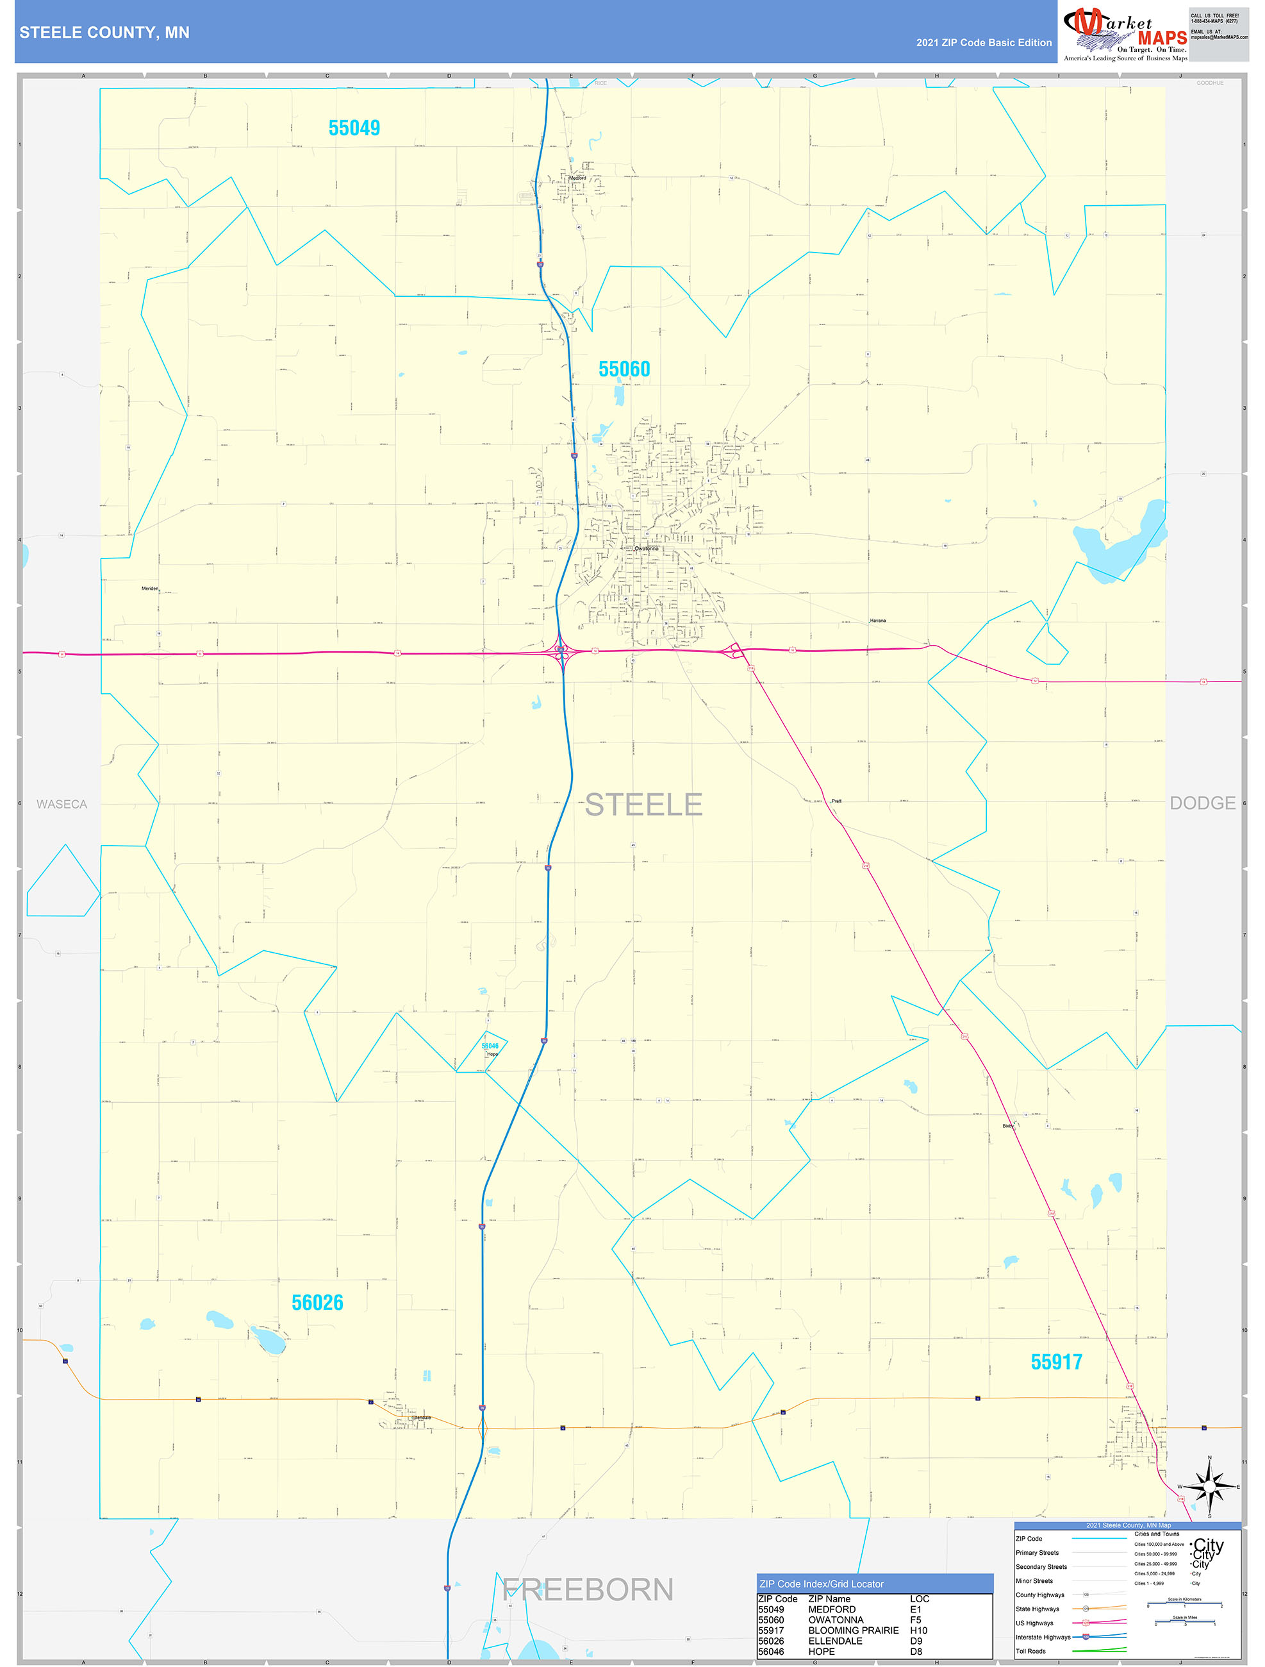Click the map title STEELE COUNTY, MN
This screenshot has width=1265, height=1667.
pyautogui.click(x=104, y=33)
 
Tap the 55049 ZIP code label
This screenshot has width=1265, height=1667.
pyautogui.click(x=354, y=128)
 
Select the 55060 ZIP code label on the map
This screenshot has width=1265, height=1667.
pyautogui.click(x=624, y=369)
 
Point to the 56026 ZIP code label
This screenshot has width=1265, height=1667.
pyautogui.click(x=317, y=1303)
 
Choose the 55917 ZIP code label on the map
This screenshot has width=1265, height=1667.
pyautogui.click(x=1056, y=1362)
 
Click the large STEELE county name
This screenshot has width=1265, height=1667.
pyautogui.click(x=643, y=805)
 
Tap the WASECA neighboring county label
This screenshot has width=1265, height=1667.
pyautogui.click(x=62, y=804)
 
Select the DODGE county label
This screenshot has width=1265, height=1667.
pyautogui.click(x=1202, y=803)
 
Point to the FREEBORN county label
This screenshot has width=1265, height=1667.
pyautogui.click(x=588, y=1589)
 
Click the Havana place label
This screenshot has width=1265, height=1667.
pyautogui.click(x=878, y=621)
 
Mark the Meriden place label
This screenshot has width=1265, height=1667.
pyautogui.click(x=150, y=589)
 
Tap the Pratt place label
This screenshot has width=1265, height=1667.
pyautogui.click(x=836, y=801)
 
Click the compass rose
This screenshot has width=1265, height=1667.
pyautogui.click(x=1209, y=1487)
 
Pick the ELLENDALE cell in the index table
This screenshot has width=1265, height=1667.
pyautogui.click(x=835, y=1641)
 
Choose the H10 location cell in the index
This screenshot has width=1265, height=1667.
pyautogui.click(x=919, y=1630)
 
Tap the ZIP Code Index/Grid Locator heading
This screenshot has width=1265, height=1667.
pyautogui.click(x=822, y=1584)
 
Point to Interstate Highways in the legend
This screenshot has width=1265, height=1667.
pyautogui.click(x=1042, y=1637)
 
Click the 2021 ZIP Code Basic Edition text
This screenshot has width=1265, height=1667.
pyautogui.click(x=983, y=43)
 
